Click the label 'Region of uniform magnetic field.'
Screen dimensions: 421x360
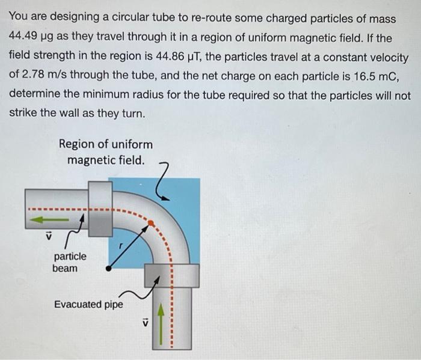click(x=106, y=152)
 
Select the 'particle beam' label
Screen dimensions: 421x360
click(x=69, y=262)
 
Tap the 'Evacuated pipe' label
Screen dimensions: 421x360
click(x=88, y=304)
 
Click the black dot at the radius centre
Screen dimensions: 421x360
click(x=108, y=269)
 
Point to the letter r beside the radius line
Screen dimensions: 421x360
click(x=120, y=246)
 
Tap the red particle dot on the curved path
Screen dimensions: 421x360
click(x=151, y=223)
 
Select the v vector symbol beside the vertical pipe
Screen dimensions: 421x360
click(x=144, y=323)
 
